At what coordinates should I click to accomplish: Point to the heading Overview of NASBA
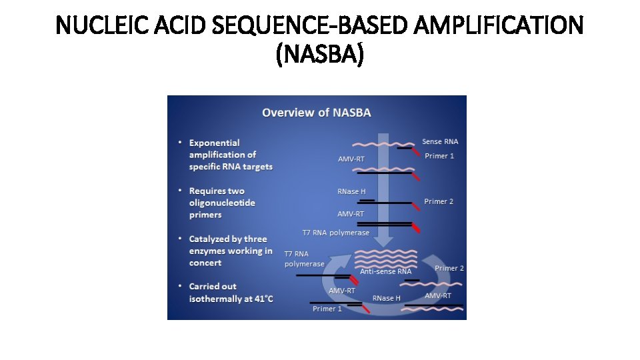(x=317, y=113)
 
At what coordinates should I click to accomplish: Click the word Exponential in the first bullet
(x=215, y=143)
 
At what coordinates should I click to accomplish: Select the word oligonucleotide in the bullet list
(x=222, y=203)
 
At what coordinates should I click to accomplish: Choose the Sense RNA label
(x=441, y=141)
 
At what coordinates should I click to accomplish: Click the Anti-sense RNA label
(x=386, y=271)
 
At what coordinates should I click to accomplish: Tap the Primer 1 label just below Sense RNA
(x=440, y=156)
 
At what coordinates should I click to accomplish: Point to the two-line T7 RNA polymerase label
(x=304, y=259)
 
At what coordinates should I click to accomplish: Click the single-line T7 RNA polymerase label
(x=336, y=233)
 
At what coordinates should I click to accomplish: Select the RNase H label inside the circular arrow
(x=387, y=298)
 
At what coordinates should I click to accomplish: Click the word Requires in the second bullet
(x=207, y=191)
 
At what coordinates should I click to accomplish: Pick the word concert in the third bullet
(x=205, y=263)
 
